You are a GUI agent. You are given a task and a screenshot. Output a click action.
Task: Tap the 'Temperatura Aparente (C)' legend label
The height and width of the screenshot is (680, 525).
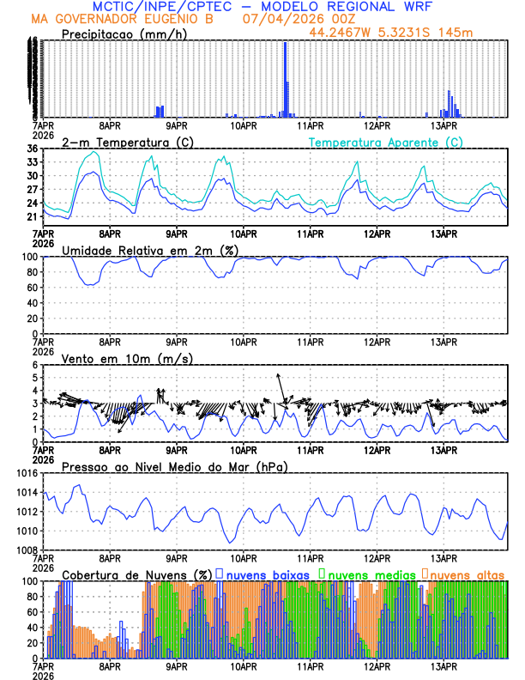click(385, 142)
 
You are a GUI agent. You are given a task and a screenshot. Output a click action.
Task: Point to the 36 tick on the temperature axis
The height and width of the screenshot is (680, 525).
click(32, 149)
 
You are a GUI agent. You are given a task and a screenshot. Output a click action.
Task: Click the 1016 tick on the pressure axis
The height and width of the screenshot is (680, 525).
click(26, 473)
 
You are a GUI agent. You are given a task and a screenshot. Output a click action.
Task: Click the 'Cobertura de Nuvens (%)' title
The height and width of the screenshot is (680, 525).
click(136, 574)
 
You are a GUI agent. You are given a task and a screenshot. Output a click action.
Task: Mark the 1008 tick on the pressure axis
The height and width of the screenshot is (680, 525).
click(26, 549)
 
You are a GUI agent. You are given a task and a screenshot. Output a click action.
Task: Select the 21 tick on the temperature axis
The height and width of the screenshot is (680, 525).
click(32, 217)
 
